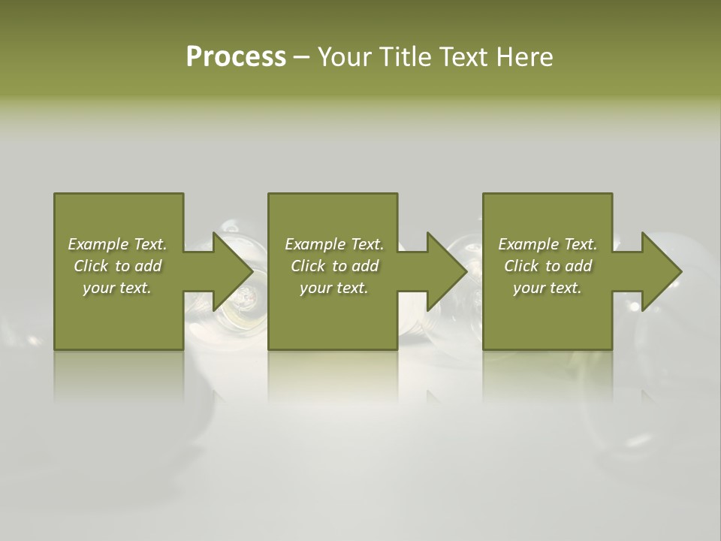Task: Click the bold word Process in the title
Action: click(236, 57)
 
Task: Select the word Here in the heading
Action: click(524, 57)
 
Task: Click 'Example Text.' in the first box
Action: click(117, 244)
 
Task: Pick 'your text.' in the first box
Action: click(117, 288)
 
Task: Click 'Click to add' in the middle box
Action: click(334, 266)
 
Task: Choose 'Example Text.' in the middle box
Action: click(334, 244)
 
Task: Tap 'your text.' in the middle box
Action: click(334, 288)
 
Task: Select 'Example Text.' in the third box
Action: click(548, 244)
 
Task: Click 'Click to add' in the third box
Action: click(548, 266)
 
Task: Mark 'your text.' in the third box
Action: click(548, 288)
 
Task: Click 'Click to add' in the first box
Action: click(117, 266)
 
